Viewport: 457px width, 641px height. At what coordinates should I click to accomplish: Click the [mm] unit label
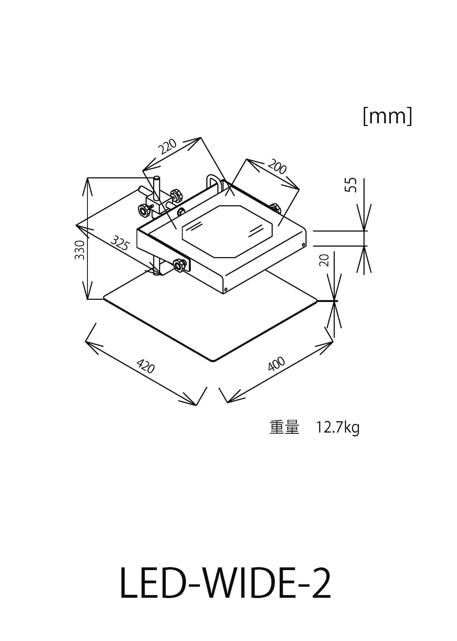(x=387, y=117)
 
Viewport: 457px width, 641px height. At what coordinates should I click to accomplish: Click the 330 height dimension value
(x=80, y=250)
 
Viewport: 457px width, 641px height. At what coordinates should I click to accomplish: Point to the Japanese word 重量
(x=284, y=428)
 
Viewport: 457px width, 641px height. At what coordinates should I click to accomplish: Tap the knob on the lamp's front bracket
(x=179, y=265)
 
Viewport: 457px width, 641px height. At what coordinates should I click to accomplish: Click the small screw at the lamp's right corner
(x=303, y=244)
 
